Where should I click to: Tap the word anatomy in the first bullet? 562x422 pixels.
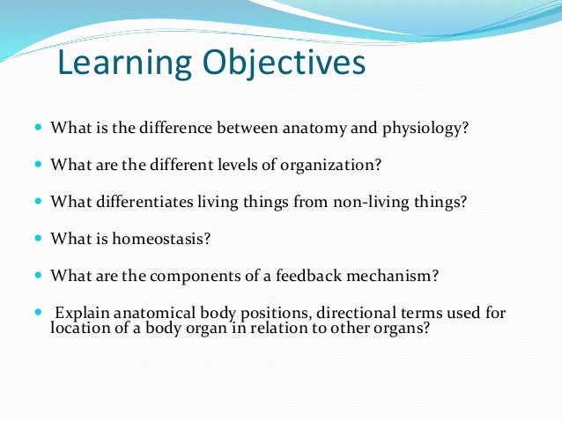pos(314,129)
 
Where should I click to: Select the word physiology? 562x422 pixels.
pos(425,129)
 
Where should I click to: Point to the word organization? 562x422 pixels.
pos(330,165)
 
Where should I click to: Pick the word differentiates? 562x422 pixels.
pos(144,201)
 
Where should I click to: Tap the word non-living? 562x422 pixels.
pos(372,202)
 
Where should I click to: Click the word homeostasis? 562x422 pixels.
pos(161,239)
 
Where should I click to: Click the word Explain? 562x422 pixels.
pos(82,313)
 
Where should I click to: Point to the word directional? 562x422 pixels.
pos(356,312)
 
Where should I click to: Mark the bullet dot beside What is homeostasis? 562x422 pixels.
pos(39,238)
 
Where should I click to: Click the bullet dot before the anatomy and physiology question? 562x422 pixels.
pos(39,127)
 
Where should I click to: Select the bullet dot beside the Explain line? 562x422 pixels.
pos(39,312)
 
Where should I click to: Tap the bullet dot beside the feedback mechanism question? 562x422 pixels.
pos(39,275)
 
